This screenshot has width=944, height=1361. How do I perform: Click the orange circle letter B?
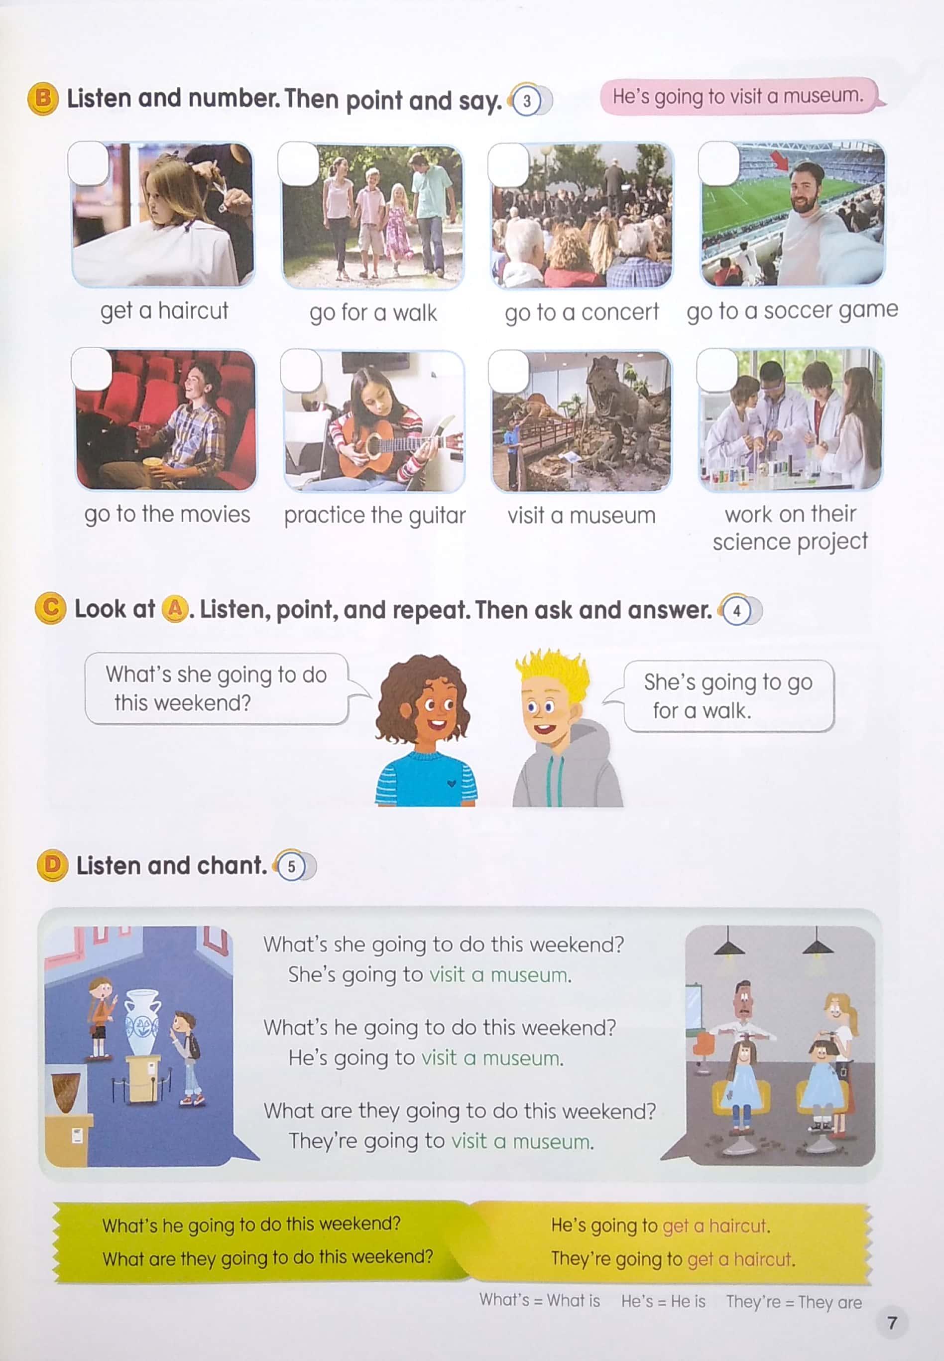click(x=43, y=99)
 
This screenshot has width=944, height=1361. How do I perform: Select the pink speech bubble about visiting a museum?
click(x=743, y=95)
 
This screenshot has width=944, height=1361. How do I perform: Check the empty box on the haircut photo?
click(x=89, y=162)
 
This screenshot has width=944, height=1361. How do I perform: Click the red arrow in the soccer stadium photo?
click(x=780, y=160)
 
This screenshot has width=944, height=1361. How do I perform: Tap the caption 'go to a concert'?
click(x=582, y=312)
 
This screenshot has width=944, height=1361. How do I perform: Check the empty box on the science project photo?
click(x=717, y=370)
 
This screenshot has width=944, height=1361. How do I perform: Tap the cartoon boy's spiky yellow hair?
click(x=551, y=672)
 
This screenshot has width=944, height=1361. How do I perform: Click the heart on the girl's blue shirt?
click(x=451, y=784)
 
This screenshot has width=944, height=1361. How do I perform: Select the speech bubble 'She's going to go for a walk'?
click(x=729, y=696)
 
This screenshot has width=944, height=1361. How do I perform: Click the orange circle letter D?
click(x=52, y=866)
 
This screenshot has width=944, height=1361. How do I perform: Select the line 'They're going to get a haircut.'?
click(x=673, y=1259)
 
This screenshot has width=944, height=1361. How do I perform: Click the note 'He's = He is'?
click(x=663, y=1301)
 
